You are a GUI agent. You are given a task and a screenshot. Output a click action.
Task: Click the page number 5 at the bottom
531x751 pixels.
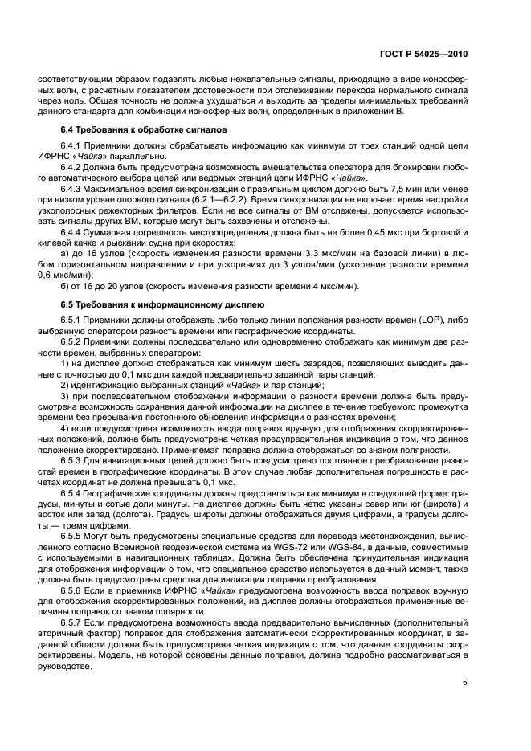(465, 684)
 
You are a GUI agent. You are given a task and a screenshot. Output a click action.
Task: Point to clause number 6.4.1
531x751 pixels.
(73, 147)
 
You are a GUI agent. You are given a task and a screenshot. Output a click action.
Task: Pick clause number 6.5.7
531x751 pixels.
(73, 623)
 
